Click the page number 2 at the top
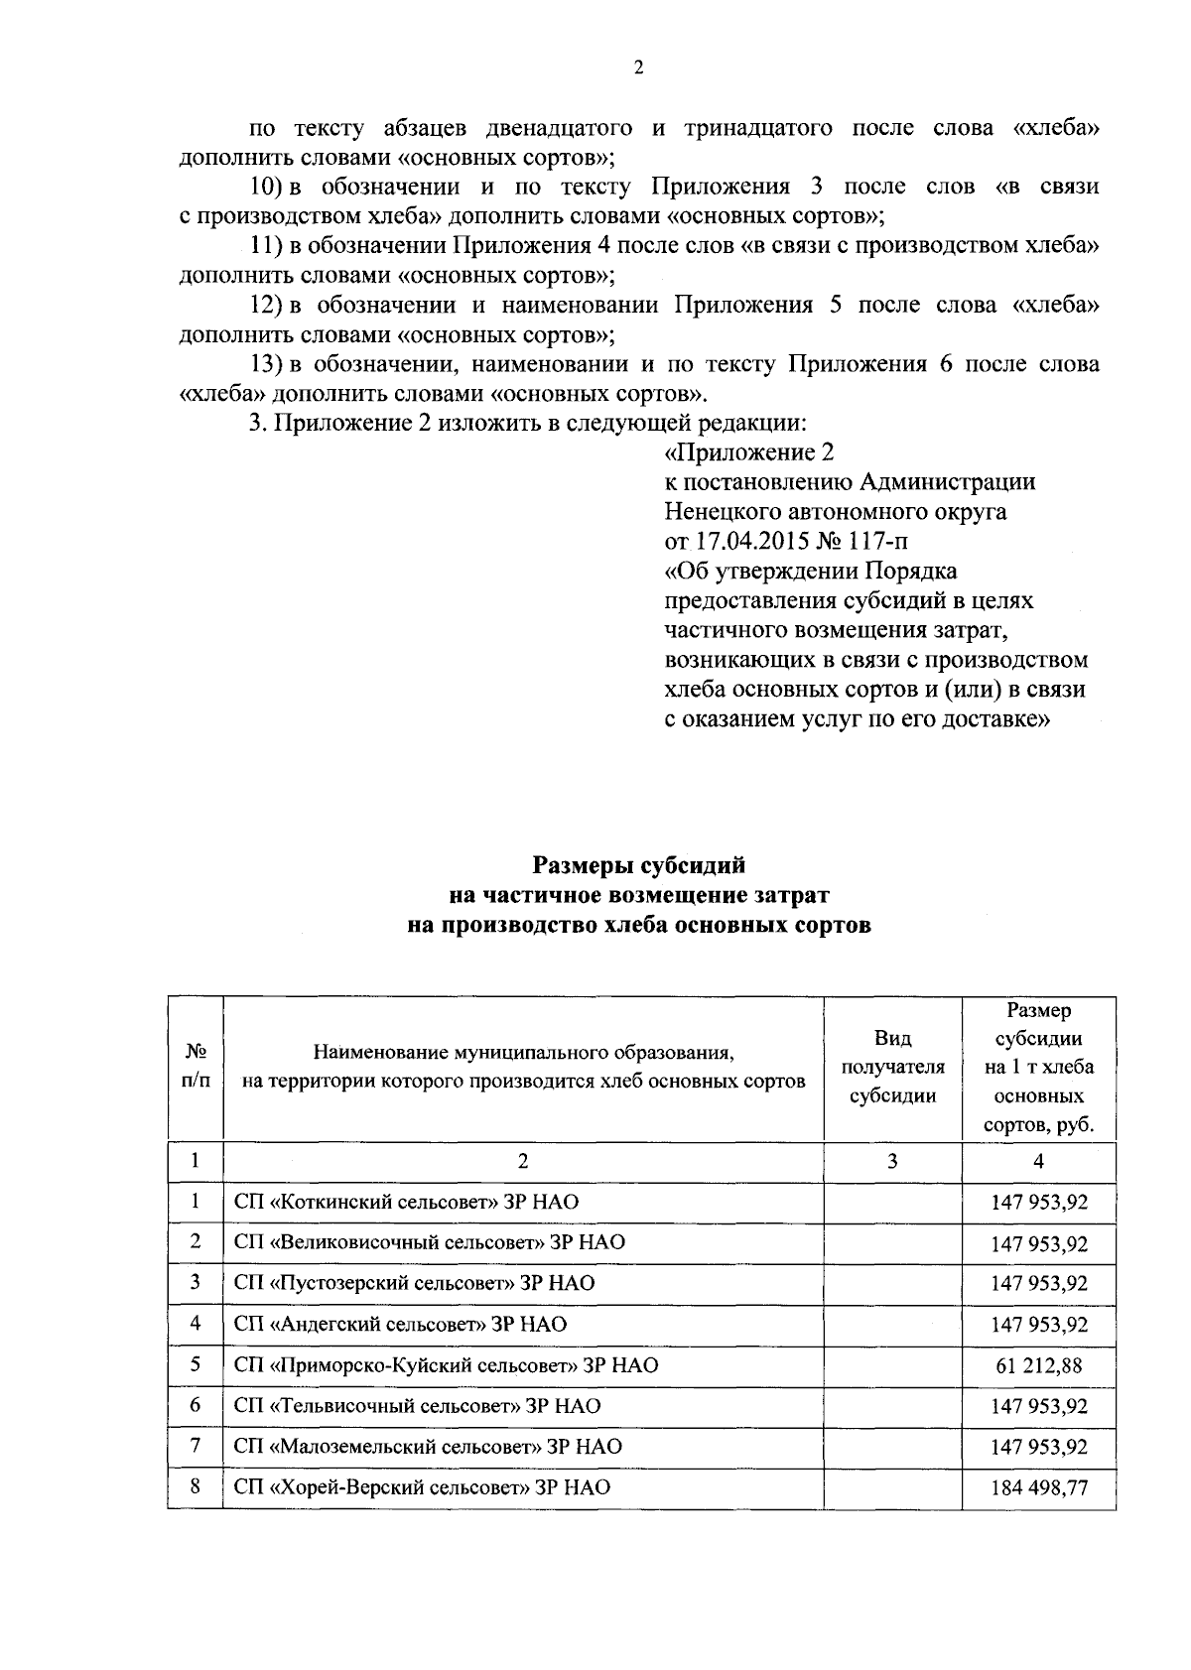(637, 67)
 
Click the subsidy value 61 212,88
(1038, 1365)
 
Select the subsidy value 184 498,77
(1038, 1487)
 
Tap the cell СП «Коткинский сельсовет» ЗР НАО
(406, 1203)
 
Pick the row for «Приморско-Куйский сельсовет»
(446, 1365)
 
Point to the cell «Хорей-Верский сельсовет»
(422, 1487)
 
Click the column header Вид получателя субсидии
(891, 1068)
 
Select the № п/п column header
(196, 1068)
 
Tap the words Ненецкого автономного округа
(835, 512)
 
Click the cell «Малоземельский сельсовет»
(428, 1447)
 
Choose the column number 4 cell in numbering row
(1038, 1161)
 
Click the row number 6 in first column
(196, 1405)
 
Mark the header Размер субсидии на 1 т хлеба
(1038, 1068)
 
